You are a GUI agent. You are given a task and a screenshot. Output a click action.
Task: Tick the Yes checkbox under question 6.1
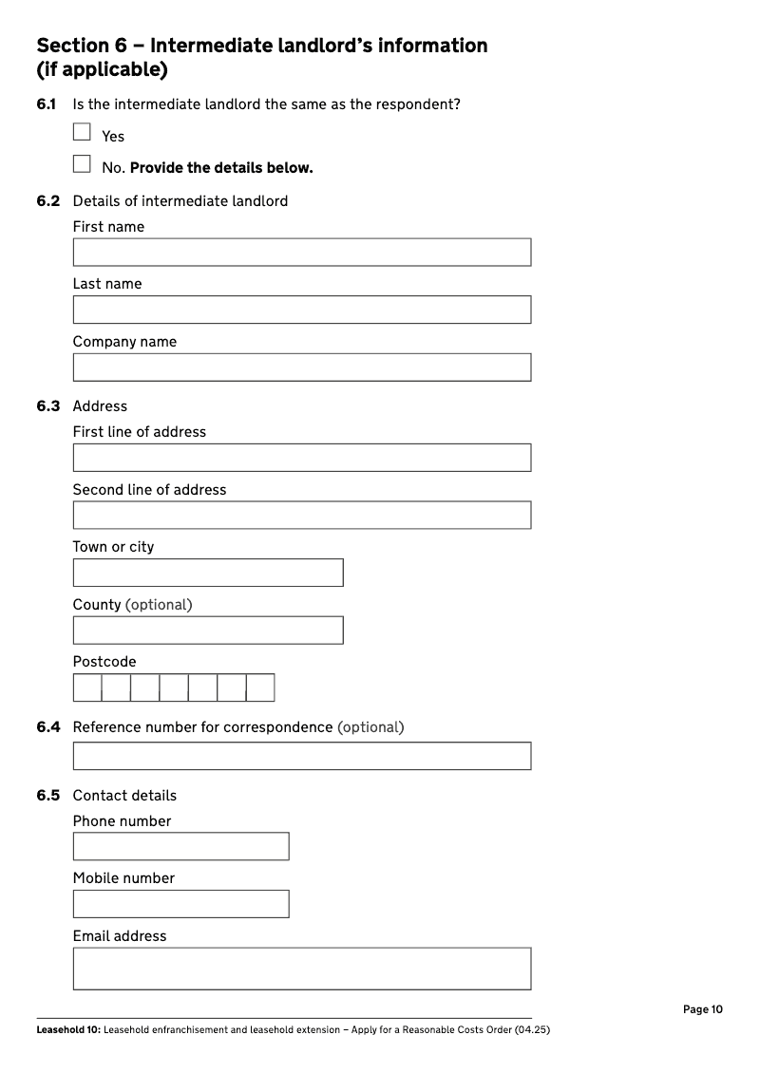tap(82, 133)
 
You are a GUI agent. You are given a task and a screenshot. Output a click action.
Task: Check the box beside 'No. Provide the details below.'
tap(82, 164)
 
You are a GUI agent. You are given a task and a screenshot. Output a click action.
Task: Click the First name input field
tap(301, 253)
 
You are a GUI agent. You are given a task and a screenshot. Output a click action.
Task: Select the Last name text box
tap(301, 310)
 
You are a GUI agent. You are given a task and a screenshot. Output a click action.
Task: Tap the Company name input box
tap(301, 367)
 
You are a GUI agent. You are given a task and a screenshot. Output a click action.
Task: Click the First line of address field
tap(301, 458)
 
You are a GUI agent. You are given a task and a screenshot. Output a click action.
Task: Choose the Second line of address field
tap(301, 516)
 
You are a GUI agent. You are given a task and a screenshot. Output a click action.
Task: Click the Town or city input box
tap(207, 573)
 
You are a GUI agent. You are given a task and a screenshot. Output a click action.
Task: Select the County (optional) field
tap(207, 631)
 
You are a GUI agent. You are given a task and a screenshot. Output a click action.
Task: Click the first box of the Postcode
tap(87, 687)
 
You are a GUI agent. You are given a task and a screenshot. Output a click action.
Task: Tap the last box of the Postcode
tap(260, 687)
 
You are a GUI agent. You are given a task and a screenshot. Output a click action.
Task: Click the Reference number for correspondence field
tap(301, 756)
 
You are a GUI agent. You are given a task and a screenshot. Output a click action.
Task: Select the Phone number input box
tap(180, 846)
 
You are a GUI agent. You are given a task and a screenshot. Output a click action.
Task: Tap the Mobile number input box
tap(180, 904)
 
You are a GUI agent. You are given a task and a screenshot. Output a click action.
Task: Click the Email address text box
tap(301, 969)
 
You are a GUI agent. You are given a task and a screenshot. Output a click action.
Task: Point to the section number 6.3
tap(48, 406)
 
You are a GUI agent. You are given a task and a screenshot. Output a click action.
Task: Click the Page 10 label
tap(702, 1009)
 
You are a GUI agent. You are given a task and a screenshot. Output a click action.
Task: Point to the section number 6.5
tap(48, 796)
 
